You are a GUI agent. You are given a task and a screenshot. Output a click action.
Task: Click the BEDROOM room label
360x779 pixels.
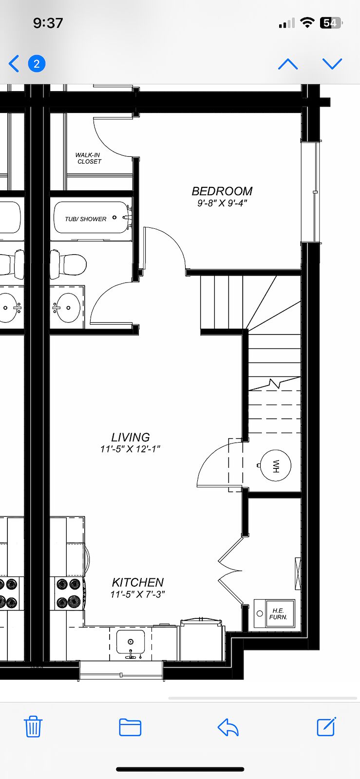222,191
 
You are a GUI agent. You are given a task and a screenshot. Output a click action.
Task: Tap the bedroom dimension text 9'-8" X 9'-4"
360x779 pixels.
222,203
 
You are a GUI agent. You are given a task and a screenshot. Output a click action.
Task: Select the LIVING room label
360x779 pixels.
131,437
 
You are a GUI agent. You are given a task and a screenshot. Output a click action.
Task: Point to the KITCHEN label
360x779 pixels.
138,582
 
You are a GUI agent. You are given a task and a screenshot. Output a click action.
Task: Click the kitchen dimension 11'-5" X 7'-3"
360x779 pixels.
137,594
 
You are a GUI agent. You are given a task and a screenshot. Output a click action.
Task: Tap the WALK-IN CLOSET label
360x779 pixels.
89,158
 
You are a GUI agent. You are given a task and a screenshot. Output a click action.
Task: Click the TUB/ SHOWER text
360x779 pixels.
86,219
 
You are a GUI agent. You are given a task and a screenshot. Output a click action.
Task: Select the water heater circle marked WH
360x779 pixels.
275,465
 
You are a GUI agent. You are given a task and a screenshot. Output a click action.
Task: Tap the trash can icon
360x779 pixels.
33,726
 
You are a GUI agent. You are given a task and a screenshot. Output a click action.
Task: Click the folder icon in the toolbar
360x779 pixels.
130,727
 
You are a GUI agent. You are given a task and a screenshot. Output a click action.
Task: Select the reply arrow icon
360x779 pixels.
228,727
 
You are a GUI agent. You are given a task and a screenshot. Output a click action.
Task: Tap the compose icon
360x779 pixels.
326,726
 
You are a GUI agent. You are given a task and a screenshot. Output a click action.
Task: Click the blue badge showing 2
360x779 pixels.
37,64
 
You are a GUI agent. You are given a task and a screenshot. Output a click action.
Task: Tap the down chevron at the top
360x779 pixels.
332,64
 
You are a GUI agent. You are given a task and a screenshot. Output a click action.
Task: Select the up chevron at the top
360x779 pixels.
288,64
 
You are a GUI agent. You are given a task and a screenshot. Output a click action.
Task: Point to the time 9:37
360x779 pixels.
48,23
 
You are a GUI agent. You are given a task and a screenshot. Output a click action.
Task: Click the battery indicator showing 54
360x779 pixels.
331,23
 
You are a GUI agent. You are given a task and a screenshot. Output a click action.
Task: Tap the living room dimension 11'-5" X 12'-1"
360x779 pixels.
130,449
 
